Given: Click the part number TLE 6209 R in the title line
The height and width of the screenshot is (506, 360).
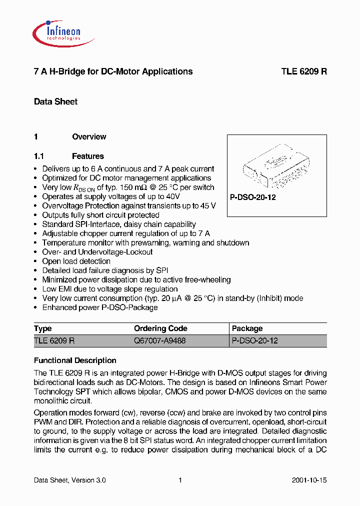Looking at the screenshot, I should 303,71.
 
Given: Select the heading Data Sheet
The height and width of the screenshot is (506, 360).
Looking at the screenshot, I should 55,101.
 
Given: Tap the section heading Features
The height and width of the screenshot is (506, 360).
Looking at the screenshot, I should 87,156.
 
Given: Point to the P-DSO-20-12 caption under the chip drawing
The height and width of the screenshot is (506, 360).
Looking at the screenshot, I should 253,197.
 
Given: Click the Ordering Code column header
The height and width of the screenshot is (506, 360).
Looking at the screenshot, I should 160,328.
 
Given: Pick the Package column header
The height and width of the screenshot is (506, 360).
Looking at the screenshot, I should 247,328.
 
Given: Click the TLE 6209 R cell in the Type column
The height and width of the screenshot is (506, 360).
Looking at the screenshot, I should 54,340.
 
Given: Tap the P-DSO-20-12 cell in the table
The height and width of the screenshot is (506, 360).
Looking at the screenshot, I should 254,340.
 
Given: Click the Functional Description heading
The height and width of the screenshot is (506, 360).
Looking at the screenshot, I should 75,360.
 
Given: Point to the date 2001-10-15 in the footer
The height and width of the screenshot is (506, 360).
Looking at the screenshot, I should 309,480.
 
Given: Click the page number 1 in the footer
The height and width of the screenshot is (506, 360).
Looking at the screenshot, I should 180,480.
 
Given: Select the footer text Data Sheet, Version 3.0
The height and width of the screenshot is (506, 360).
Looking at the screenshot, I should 69,480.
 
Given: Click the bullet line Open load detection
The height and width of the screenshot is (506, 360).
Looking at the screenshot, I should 76,261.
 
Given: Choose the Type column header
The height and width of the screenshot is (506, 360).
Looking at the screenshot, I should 43,328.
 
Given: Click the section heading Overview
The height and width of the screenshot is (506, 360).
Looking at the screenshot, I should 89,136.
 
